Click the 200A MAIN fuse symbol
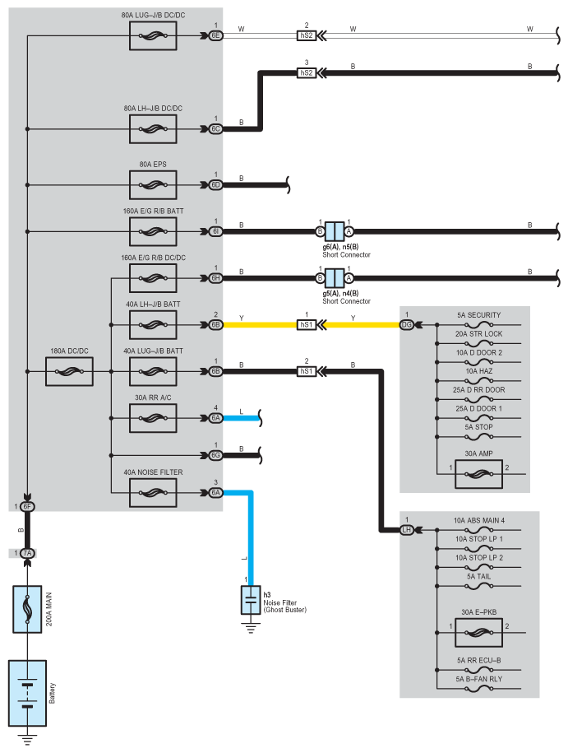tap(27, 609)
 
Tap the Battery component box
tap(27, 693)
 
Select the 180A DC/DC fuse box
tap(69, 371)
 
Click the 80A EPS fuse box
tap(153, 185)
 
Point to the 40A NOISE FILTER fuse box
tap(153, 493)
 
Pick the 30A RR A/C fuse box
tap(153, 418)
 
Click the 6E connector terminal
tap(216, 35)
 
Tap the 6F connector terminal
tap(27, 506)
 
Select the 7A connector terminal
tap(27, 553)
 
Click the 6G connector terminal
tap(216, 455)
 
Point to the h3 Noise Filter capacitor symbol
tap(251, 600)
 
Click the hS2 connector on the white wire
tap(307, 35)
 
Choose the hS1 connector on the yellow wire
tap(307, 324)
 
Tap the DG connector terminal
tap(406, 324)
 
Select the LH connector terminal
tap(406, 530)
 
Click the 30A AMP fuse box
tap(478, 474)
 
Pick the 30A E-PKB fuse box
tap(478, 633)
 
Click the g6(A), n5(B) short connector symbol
tap(335, 231)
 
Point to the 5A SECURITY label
tap(478, 315)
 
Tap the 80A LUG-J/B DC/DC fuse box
tap(153, 35)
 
